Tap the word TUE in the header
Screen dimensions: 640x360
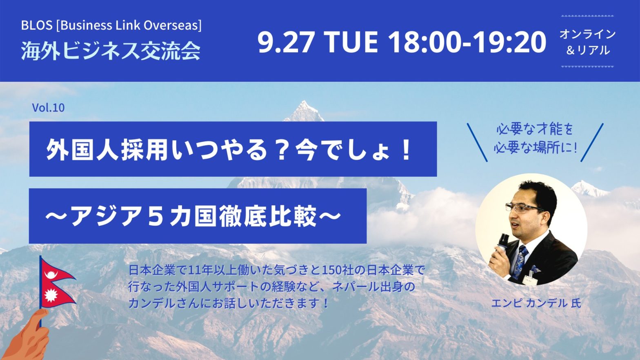pyautogui.click(x=352, y=42)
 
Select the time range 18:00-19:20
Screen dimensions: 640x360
pyautogui.click(x=467, y=42)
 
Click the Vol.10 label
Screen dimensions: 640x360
pyautogui.click(x=48, y=108)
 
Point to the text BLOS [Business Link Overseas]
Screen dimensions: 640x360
pyautogui.click(x=111, y=25)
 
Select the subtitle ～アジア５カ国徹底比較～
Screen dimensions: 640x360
pyautogui.click(x=193, y=216)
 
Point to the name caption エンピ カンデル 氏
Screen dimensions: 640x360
pyautogui.click(x=536, y=303)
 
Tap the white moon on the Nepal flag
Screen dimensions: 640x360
pyautogui.click(x=51, y=275)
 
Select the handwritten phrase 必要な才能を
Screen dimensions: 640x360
pyautogui.click(x=535, y=130)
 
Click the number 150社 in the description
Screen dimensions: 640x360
pyautogui.click(x=338, y=270)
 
